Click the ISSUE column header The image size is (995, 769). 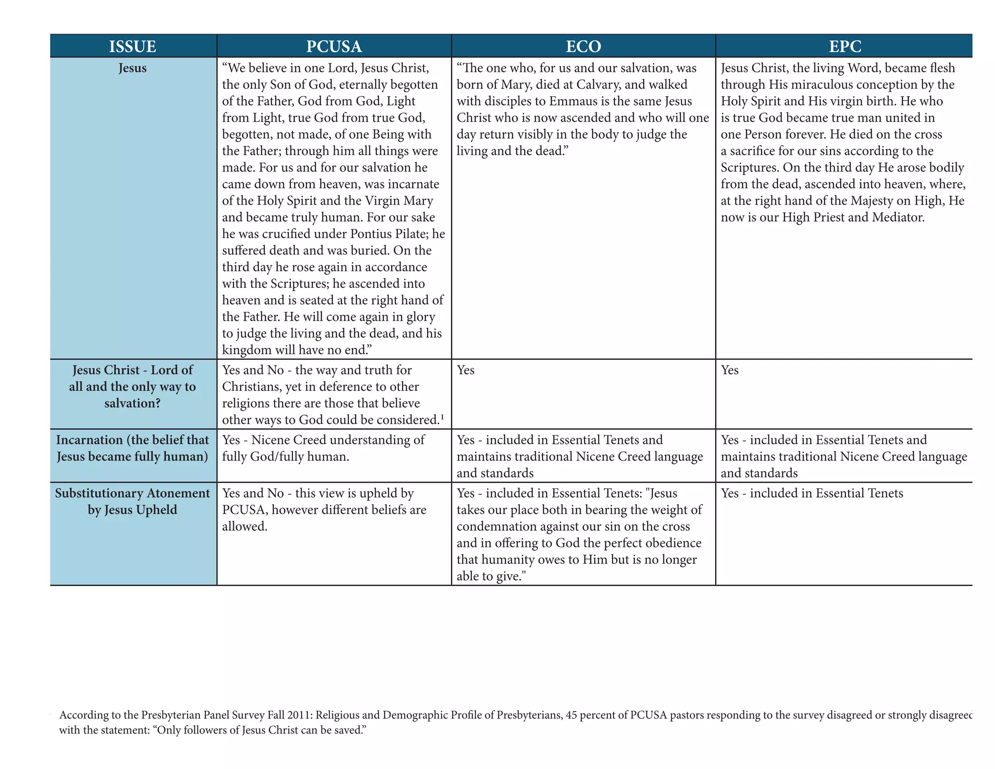(133, 46)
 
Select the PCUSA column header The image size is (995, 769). (334, 46)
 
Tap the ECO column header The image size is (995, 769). (583, 46)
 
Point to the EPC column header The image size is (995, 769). (845, 46)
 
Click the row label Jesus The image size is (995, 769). (133, 68)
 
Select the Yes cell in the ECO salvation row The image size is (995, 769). (465, 370)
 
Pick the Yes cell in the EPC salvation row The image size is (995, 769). (729, 370)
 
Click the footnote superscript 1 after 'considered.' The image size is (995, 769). (443, 417)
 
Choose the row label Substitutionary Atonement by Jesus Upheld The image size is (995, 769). (133, 502)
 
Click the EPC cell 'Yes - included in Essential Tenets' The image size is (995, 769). (812, 493)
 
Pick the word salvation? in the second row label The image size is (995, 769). (133, 403)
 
